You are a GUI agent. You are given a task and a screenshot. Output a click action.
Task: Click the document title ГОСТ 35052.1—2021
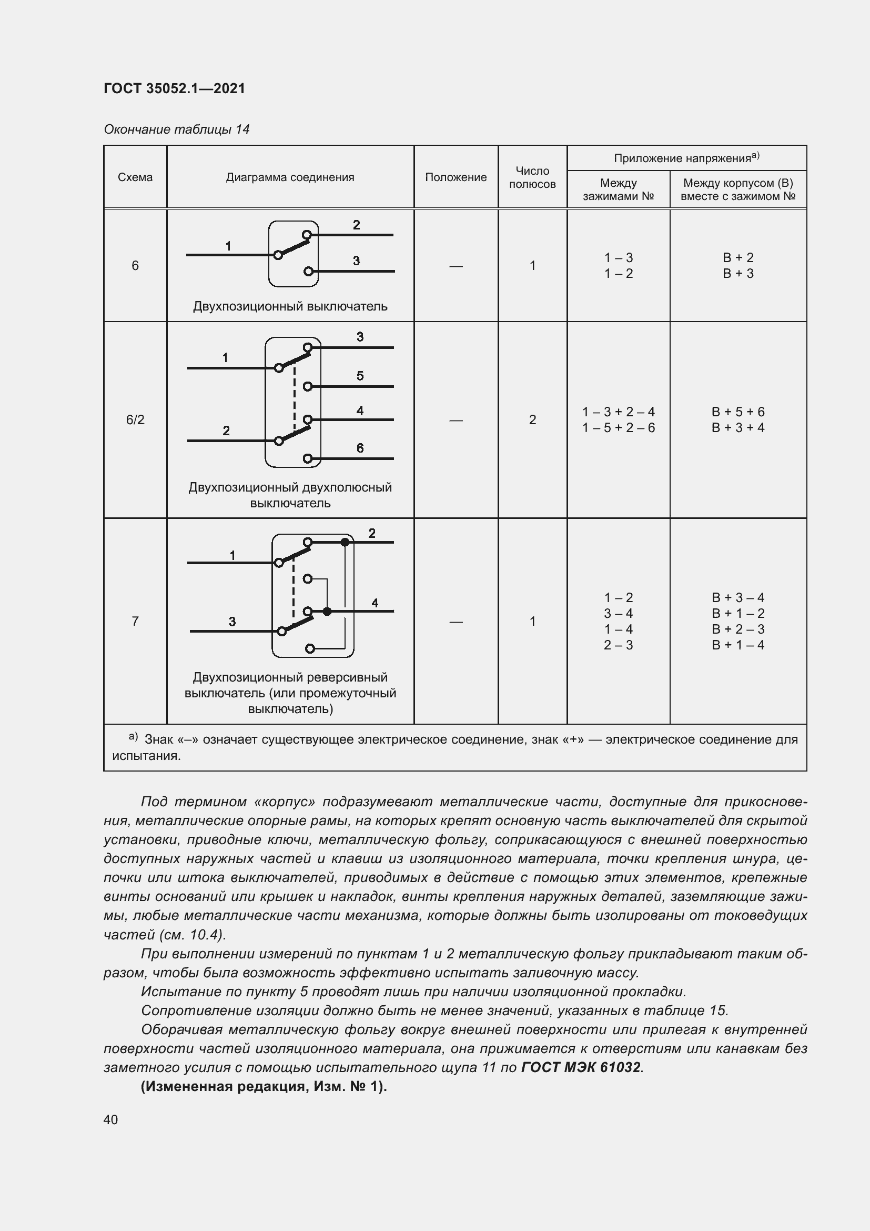(174, 88)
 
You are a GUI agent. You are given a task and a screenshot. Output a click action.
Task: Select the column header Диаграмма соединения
(290, 177)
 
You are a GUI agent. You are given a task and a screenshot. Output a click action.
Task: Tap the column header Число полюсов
(532, 177)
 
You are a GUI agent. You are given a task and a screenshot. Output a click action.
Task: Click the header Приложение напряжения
(686, 158)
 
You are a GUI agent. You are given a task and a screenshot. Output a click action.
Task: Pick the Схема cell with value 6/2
(135, 420)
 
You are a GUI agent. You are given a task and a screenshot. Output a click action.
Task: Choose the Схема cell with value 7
(135, 622)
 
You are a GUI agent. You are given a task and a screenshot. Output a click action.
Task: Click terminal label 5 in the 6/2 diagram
(360, 376)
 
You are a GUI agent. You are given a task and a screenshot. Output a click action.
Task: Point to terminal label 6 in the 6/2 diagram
(360, 448)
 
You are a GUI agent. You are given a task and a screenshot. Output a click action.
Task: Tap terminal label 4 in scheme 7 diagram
(375, 603)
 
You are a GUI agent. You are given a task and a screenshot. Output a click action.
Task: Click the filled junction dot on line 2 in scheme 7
(345, 543)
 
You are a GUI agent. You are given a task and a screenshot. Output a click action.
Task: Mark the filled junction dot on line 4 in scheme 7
(327, 611)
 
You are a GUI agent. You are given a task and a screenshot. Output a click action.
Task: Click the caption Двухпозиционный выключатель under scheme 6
(290, 307)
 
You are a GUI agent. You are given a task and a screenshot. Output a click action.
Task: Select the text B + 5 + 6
(737, 412)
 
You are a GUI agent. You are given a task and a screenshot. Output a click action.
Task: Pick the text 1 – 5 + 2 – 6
(618, 428)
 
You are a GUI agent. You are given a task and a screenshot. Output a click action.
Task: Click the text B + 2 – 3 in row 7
(737, 629)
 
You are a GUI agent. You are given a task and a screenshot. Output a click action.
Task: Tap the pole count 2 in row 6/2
(532, 420)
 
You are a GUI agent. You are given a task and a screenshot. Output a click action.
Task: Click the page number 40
(110, 1119)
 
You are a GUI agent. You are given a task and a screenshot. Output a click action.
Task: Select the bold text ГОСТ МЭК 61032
(581, 1067)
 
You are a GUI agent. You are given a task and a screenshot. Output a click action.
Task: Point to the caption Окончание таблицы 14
(176, 129)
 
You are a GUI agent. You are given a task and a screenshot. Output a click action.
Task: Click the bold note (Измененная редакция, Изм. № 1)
(264, 1087)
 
